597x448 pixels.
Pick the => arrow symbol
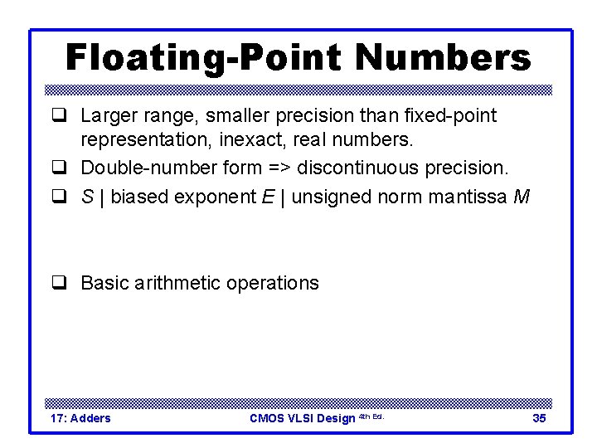coord(278,168)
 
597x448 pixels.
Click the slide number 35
coord(539,418)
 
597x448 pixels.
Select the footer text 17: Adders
coord(80,418)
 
